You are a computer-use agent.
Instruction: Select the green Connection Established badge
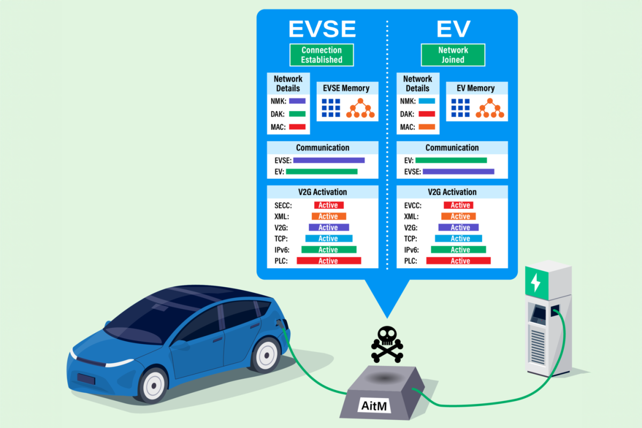coord(322,55)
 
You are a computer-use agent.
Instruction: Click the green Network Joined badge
coord(453,55)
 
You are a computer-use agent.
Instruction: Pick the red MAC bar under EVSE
coord(297,127)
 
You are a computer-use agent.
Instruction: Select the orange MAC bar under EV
coord(426,127)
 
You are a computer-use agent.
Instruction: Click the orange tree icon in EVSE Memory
coord(361,109)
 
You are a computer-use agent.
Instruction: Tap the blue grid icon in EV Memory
coord(460,108)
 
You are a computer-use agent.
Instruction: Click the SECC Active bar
coord(328,205)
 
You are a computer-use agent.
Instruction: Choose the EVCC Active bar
coord(458,205)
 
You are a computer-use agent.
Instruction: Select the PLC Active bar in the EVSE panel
coord(328,261)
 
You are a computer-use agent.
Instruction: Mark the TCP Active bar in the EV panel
coord(458,239)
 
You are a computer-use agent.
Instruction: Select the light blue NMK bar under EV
coord(426,101)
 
